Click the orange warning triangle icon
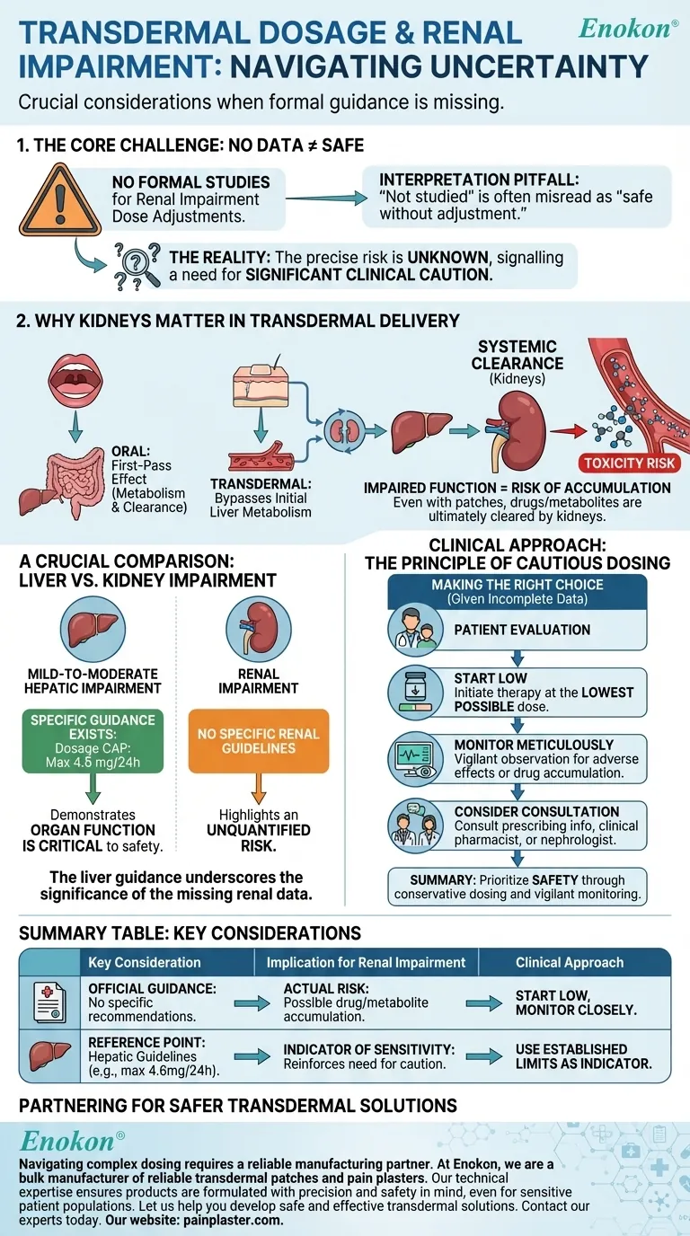pyautogui.click(x=58, y=201)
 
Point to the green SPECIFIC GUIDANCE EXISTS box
pyautogui.click(x=93, y=741)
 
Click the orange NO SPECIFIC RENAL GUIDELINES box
pyautogui.click(x=258, y=741)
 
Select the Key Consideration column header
pyautogui.click(x=145, y=962)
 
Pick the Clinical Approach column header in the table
pyautogui.click(x=569, y=962)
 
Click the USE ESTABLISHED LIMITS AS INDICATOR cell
pyautogui.click(x=583, y=1056)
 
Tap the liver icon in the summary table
pyautogui.click(x=49, y=1056)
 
